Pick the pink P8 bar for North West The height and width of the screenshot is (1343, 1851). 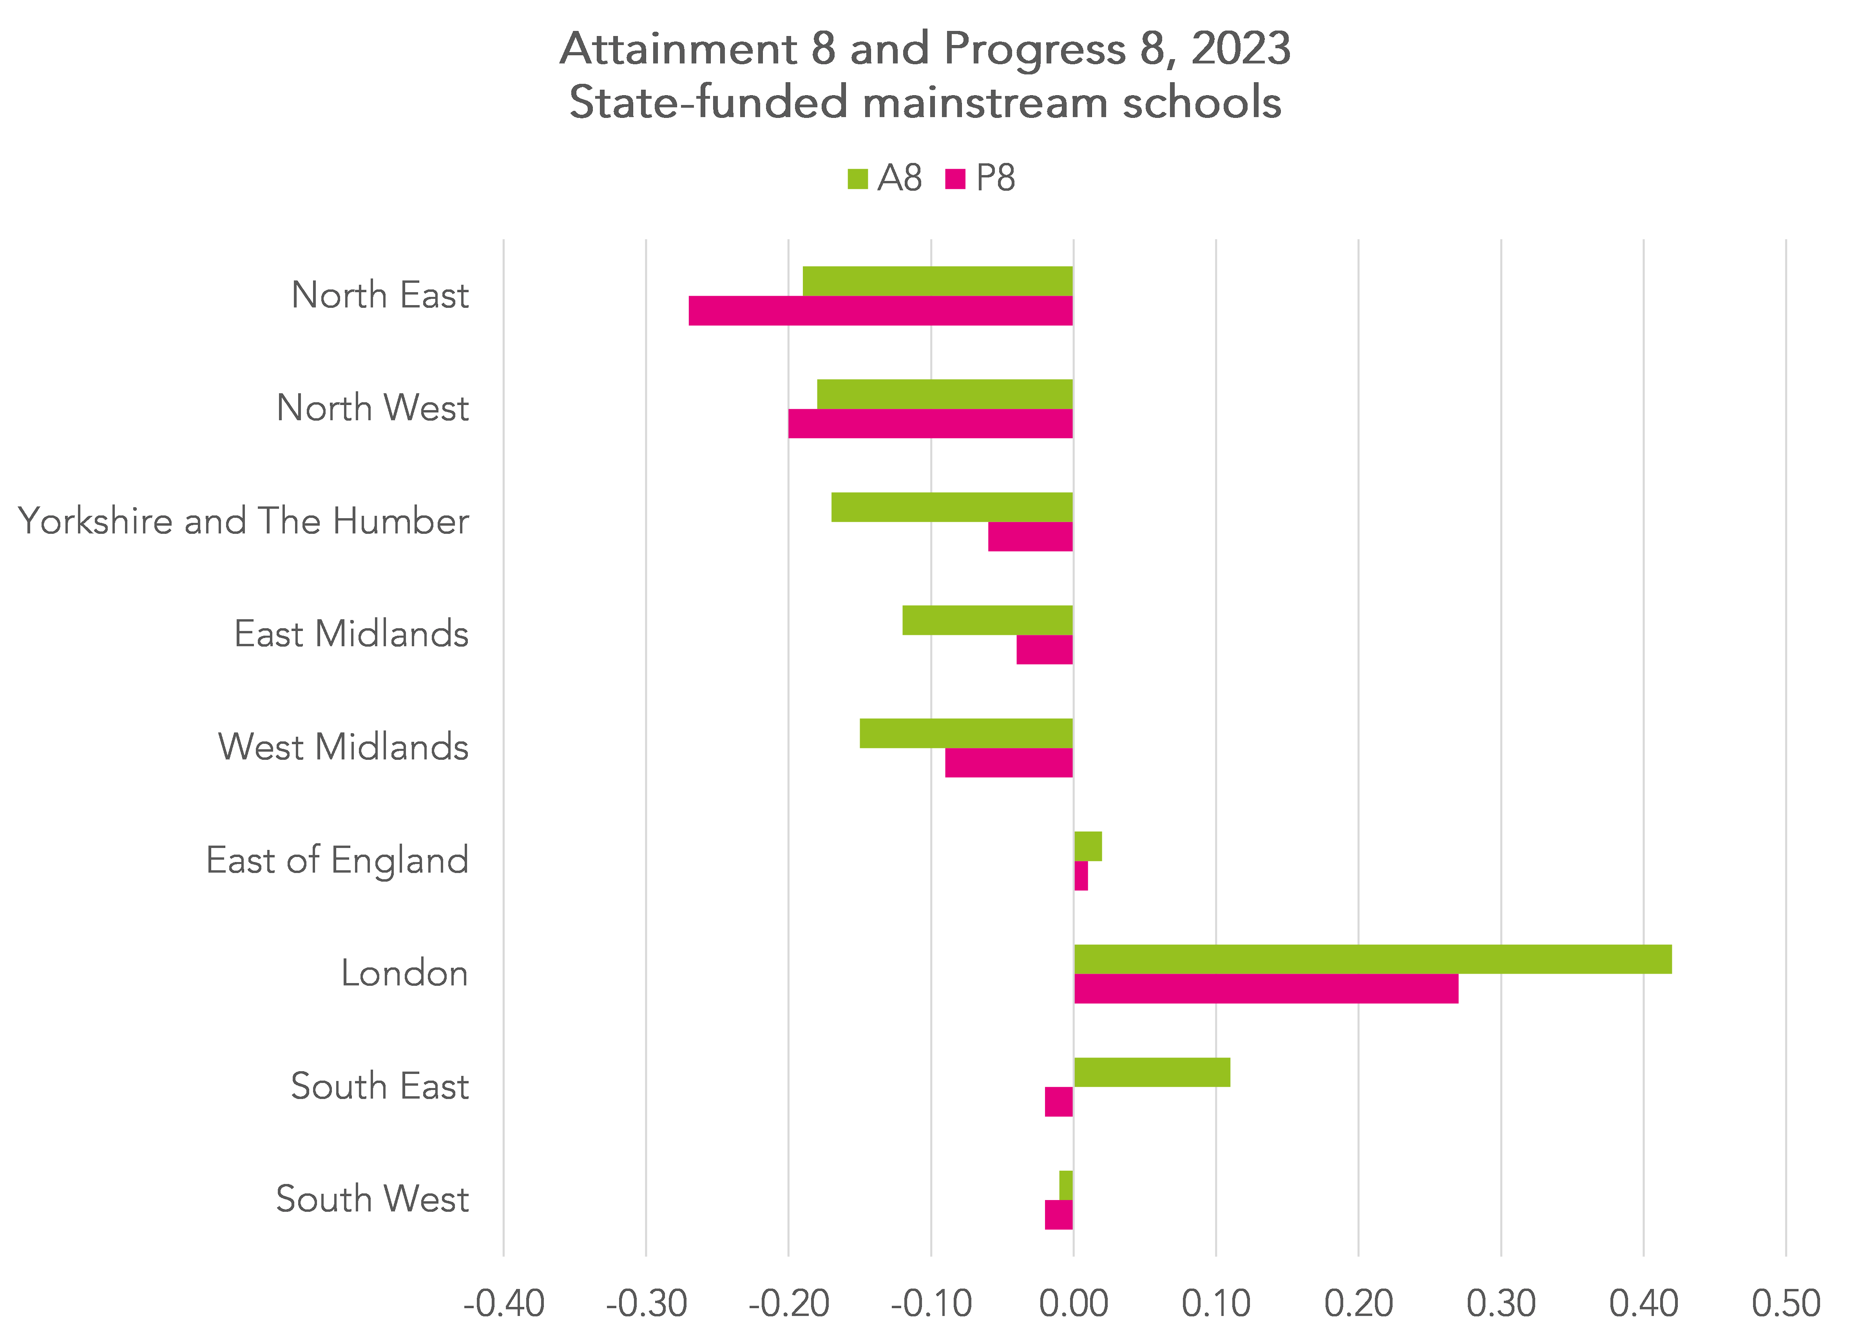[930, 423]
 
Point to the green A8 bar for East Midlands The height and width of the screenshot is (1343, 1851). [987, 620]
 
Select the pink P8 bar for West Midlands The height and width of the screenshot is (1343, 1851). [1009, 762]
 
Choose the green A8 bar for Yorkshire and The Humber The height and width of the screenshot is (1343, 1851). [952, 507]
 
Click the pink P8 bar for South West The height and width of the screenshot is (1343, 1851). [1059, 1214]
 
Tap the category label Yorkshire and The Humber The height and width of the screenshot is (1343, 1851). [243, 521]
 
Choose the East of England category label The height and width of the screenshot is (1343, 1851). [337, 860]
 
